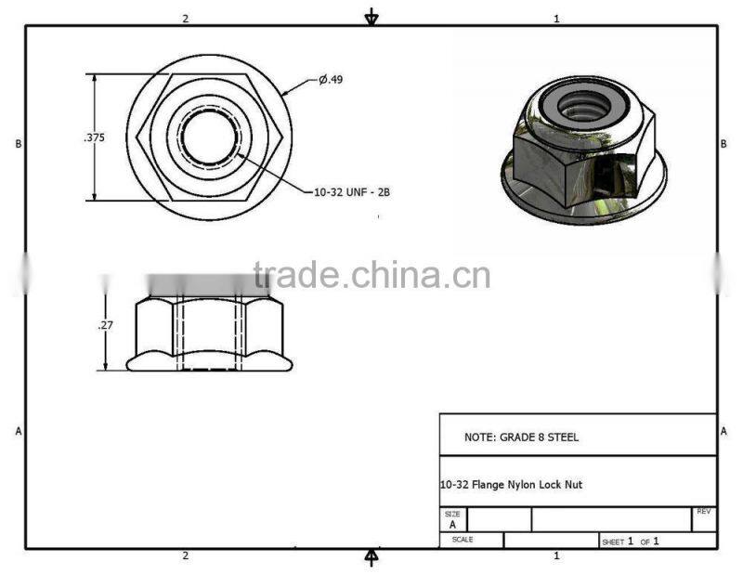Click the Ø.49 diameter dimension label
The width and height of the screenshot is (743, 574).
click(331, 80)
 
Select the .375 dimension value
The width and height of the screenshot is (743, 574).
click(94, 137)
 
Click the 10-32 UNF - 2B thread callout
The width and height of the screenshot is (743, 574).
click(351, 192)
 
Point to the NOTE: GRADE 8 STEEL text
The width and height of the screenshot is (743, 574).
click(521, 437)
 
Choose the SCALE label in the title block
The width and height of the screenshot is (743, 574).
click(462, 540)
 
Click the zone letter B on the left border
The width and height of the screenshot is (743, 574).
click(18, 144)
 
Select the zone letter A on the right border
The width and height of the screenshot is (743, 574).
click(723, 431)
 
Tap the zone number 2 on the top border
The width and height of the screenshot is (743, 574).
click(186, 19)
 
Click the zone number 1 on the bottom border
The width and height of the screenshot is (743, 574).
click(556, 555)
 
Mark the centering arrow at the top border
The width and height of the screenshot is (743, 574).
click(371, 17)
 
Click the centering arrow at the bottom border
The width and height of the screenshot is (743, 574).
click(371, 556)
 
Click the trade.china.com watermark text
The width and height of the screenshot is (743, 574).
click(371, 276)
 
